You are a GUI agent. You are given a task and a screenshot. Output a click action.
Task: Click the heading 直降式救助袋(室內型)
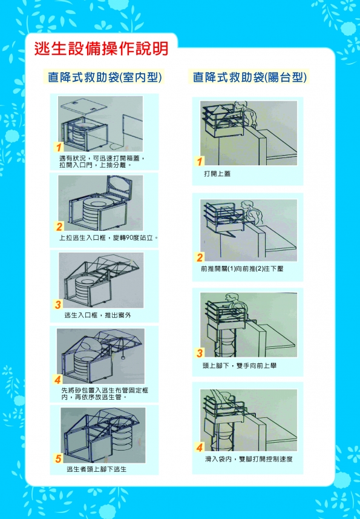click(105, 77)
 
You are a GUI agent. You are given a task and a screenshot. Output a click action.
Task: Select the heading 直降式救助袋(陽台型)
click(250, 77)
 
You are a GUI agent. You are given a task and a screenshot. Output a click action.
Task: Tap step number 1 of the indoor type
click(59, 147)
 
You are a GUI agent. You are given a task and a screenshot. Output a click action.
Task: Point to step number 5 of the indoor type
click(58, 458)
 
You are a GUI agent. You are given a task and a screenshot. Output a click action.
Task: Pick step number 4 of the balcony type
click(199, 448)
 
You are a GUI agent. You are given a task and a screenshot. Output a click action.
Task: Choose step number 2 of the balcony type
click(200, 257)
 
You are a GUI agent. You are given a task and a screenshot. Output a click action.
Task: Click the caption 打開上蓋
click(217, 174)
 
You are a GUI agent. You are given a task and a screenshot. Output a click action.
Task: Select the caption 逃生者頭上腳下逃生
click(97, 469)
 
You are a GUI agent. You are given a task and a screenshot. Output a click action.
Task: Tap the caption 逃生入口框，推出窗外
click(98, 315)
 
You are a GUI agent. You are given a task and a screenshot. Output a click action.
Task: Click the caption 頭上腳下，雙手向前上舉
click(240, 366)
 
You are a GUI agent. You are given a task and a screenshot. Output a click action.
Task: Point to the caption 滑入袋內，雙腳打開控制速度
click(249, 459)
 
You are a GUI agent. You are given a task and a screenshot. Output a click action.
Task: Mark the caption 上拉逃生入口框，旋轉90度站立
click(109, 237)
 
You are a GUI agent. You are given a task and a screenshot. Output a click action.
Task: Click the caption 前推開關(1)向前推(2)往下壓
click(242, 269)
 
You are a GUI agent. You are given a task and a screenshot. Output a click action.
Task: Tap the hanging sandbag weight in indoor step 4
click(123, 357)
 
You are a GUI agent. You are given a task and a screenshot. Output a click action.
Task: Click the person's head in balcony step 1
click(240, 105)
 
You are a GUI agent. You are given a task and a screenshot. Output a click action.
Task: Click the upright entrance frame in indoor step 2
click(119, 187)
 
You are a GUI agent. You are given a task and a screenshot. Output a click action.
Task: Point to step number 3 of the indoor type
click(58, 304)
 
